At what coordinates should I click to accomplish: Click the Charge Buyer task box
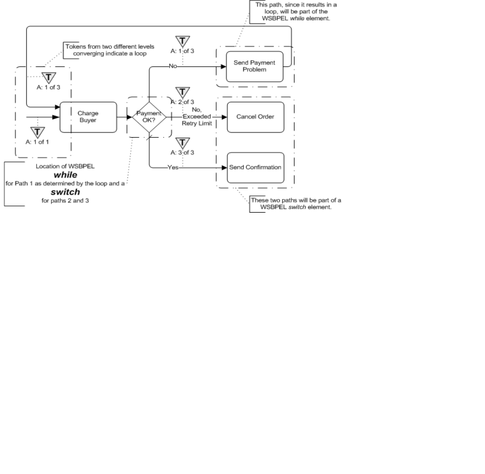tap(88, 117)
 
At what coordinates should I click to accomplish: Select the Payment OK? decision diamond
tap(149, 116)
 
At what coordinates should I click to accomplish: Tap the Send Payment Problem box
tap(254, 66)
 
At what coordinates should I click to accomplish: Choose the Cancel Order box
tap(255, 116)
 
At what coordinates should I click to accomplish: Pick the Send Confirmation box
tap(255, 167)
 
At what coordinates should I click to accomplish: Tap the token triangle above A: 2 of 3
tap(182, 92)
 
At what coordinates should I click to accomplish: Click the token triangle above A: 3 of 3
tap(182, 143)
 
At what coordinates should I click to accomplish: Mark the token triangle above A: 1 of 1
tap(37, 132)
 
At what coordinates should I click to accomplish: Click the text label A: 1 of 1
tap(37, 141)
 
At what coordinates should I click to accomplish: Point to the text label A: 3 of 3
tap(182, 152)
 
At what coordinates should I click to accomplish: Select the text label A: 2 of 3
tap(182, 102)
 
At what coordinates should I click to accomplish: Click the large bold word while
tap(65, 175)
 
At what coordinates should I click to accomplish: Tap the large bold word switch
tap(65, 192)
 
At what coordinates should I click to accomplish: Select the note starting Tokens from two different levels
tap(110, 50)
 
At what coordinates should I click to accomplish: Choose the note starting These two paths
tap(296, 204)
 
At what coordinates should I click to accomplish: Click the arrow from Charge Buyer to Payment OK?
tap(124, 116)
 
